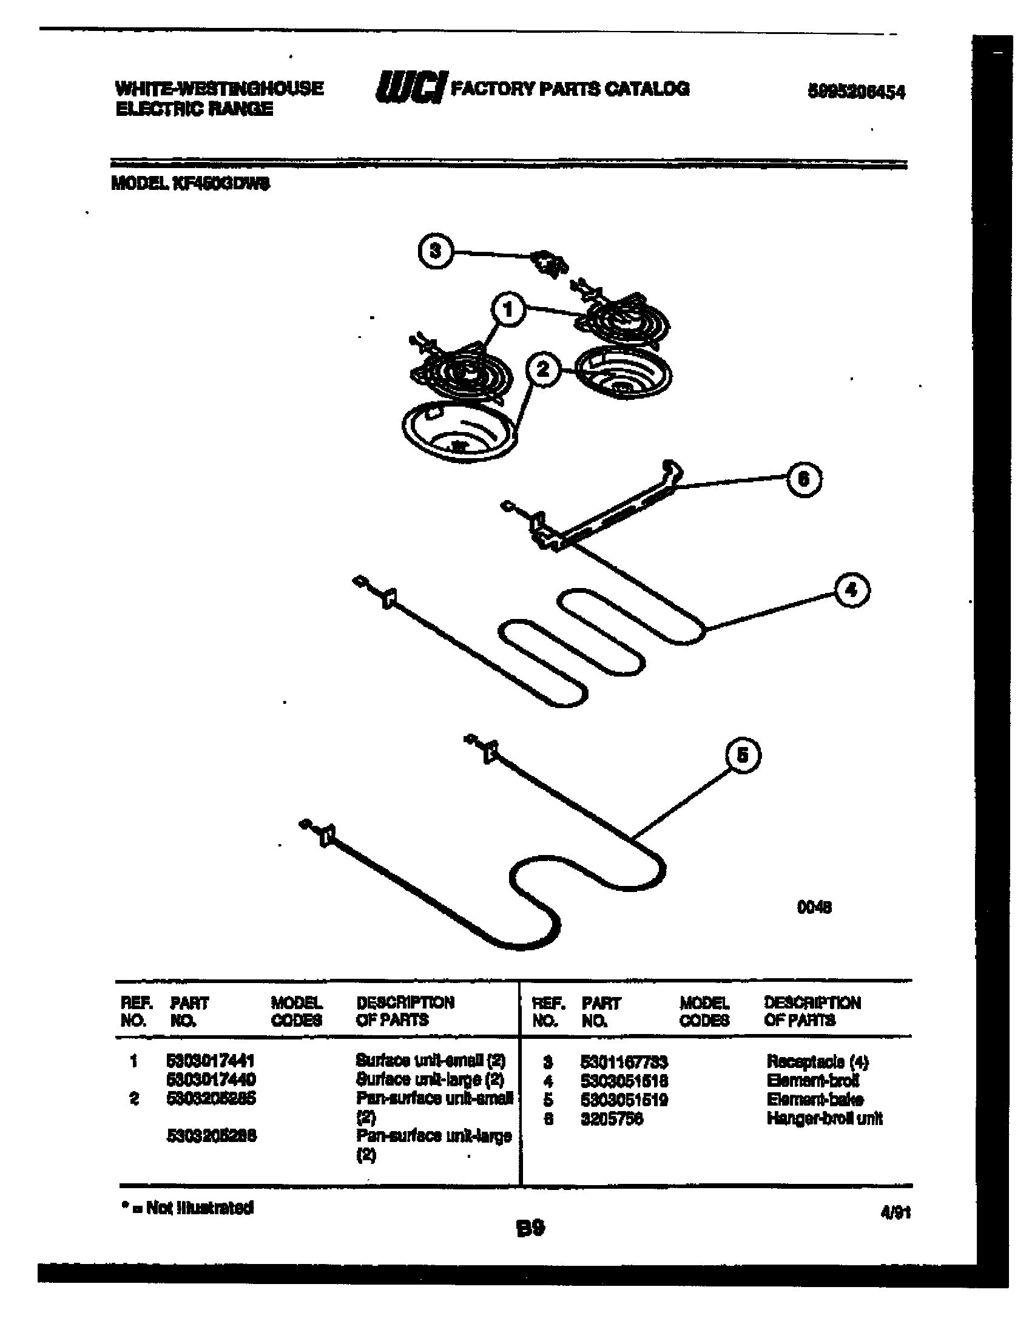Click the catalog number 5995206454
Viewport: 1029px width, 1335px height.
856,92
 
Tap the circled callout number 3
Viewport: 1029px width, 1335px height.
435,251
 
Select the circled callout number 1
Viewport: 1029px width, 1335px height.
508,309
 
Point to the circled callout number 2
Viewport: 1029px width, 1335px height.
542,369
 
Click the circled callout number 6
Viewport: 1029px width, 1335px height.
803,479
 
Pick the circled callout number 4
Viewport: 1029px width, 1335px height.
852,590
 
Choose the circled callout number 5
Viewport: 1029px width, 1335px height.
743,755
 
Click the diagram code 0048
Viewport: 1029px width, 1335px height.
814,907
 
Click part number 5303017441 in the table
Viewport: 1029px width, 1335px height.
210,1060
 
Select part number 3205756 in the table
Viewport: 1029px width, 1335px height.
611,1118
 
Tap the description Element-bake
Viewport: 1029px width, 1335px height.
814,1100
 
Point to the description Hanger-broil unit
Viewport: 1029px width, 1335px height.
824,1118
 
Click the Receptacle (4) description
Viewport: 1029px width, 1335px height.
817,1061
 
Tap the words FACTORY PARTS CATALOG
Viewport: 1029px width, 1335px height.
570,89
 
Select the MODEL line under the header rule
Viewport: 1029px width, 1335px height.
190,183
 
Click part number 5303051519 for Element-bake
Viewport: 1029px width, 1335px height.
623,1100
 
